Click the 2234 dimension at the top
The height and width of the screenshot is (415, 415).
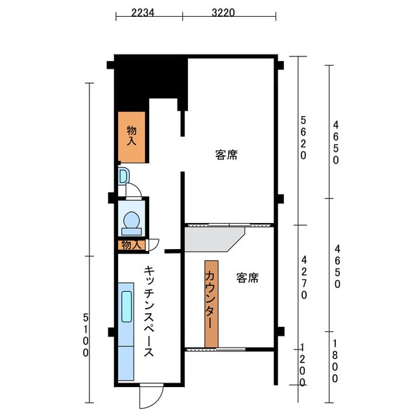click(x=143, y=12)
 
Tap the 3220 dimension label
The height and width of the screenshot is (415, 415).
click(x=223, y=12)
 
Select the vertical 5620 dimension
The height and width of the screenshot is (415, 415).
click(x=303, y=138)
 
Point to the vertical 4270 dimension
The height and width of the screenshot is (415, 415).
click(x=304, y=278)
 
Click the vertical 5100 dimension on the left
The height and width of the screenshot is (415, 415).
click(x=86, y=335)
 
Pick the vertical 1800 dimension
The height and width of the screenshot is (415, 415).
click(x=335, y=361)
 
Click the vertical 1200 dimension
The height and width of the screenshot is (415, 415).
click(x=302, y=364)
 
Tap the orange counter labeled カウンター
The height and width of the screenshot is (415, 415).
click(x=211, y=304)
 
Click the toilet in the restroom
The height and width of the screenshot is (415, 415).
click(x=132, y=223)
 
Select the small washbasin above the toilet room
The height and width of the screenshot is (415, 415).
click(x=124, y=176)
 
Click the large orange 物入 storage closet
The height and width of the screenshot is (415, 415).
click(x=132, y=137)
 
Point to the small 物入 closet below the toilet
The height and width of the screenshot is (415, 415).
click(x=132, y=245)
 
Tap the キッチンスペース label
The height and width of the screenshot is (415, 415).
click(x=149, y=311)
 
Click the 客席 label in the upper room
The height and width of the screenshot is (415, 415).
click(x=226, y=155)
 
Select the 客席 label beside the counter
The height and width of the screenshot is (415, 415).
click(x=248, y=278)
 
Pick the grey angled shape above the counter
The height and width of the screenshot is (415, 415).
click(x=215, y=239)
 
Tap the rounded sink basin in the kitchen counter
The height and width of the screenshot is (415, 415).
click(x=126, y=307)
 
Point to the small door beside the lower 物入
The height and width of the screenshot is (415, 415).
click(x=152, y=245)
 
